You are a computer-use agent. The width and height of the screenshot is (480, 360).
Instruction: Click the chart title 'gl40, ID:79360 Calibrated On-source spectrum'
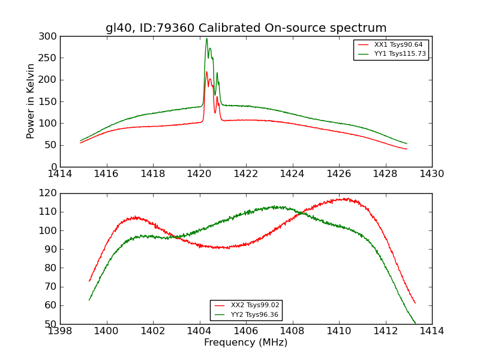246,28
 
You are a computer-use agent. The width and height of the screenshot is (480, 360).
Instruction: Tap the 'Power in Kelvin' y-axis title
31,101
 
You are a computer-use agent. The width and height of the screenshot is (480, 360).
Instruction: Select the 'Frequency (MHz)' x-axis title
246,343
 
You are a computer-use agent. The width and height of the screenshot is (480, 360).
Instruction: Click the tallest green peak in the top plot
206,39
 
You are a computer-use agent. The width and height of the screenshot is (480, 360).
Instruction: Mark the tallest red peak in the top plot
206,72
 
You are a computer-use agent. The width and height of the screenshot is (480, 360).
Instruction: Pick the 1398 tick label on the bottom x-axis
61,331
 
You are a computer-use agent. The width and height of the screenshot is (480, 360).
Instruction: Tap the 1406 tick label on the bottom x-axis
246,331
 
